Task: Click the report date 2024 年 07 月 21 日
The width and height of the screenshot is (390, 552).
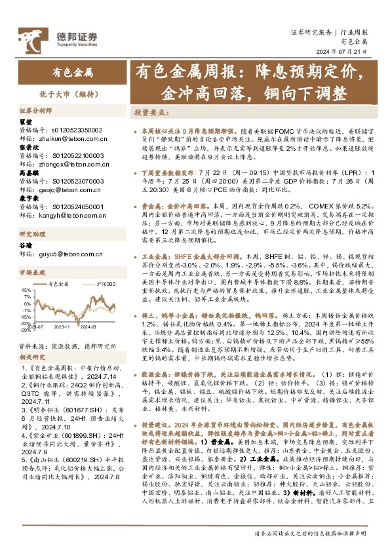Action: point(345,52)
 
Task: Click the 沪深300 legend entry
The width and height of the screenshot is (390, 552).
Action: point(104,284)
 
